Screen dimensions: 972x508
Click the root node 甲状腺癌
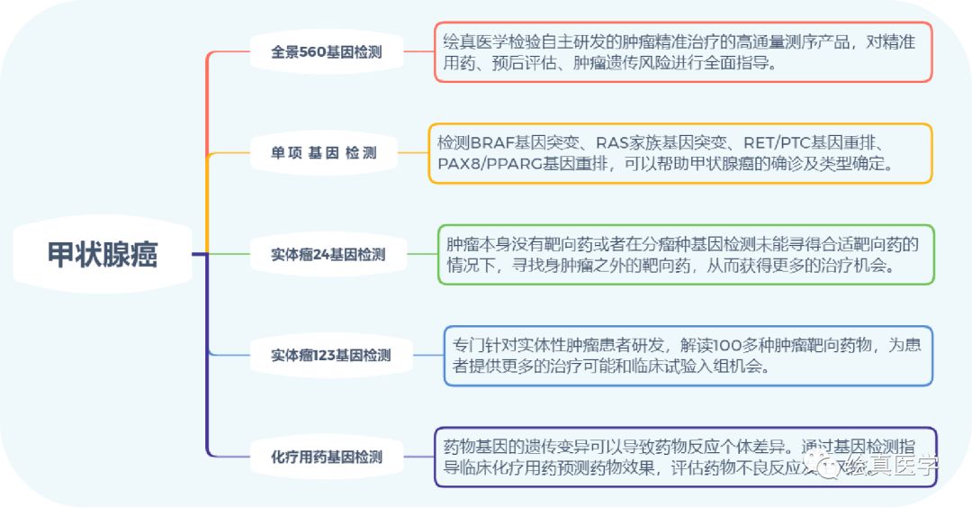coord(103,254)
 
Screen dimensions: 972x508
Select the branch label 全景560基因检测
coord(326,52)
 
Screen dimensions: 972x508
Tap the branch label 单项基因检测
coord(326,153)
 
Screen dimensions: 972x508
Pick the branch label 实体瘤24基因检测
coord(328,254)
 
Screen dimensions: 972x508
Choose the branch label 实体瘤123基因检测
coord(330,355)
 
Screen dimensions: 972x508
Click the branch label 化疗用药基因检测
coord(327,457)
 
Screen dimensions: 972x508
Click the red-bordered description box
coord(683,52)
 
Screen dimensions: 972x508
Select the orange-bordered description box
coord(679,153)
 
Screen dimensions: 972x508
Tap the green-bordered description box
coord(686,255)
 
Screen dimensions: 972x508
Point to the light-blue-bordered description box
coord(688,356)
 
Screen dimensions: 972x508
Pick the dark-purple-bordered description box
coord(685,457)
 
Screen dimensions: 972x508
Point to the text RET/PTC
coord(772,143)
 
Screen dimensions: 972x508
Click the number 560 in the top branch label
coord(314,52)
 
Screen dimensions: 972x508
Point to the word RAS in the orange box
coord(613,143)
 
